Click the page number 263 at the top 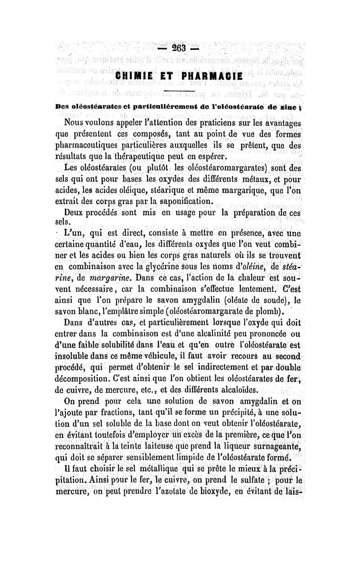180,48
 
